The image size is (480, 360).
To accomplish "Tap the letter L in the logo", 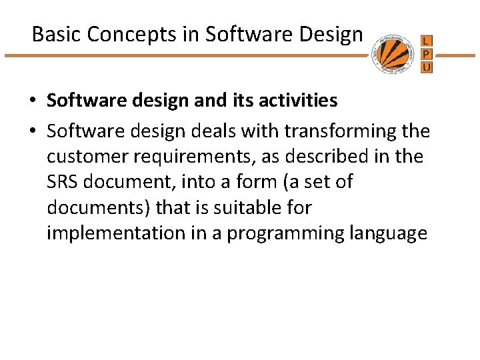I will click(x=427, y=41).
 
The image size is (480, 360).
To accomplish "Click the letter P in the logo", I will click(x=427, y=54).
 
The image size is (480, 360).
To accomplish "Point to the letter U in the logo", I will click(x=427, y=67).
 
